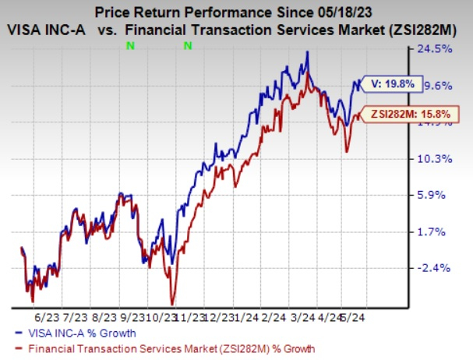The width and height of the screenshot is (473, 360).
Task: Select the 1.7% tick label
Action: pos(431,231)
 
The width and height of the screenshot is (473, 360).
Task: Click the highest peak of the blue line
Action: pos(309,52)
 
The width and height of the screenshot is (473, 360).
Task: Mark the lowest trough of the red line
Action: pos(171,304)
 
